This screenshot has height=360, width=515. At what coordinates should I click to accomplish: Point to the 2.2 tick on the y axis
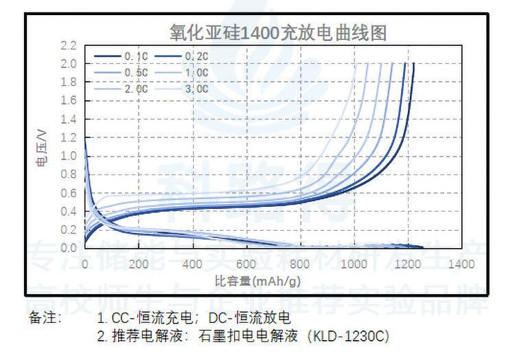point(68,46)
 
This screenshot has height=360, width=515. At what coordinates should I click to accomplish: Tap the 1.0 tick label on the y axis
point(68,156)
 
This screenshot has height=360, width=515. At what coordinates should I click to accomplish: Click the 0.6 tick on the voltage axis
point(68,192)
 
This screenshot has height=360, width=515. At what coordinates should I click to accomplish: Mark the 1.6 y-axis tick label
point(68,101)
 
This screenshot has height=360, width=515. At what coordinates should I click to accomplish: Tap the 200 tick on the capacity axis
point(138,265)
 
